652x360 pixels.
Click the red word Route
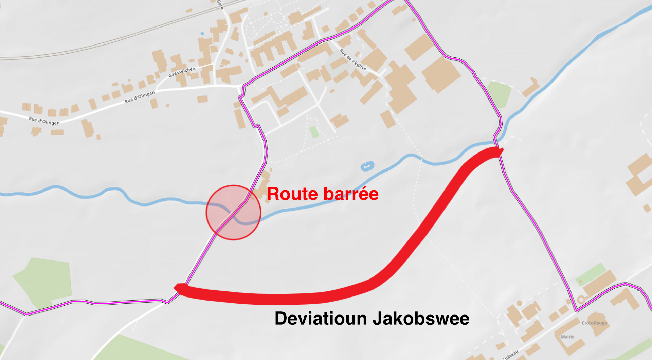tap(292, 194)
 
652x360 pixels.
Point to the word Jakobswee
tap(421, 319)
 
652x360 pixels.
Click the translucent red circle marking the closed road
tap(233, 213)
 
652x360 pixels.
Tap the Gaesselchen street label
tap(182, 72)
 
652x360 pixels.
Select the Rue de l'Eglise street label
tap(353, 59)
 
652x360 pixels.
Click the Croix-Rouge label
tap(594, 323)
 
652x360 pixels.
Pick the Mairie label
tap(567, 337)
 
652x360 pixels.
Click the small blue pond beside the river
tap(367, 166)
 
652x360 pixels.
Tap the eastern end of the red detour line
tap(500, 151)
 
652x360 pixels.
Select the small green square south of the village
tap(314, 132)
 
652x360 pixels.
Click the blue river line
tap(102, 194)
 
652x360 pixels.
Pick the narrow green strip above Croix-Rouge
tap(591, 274)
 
